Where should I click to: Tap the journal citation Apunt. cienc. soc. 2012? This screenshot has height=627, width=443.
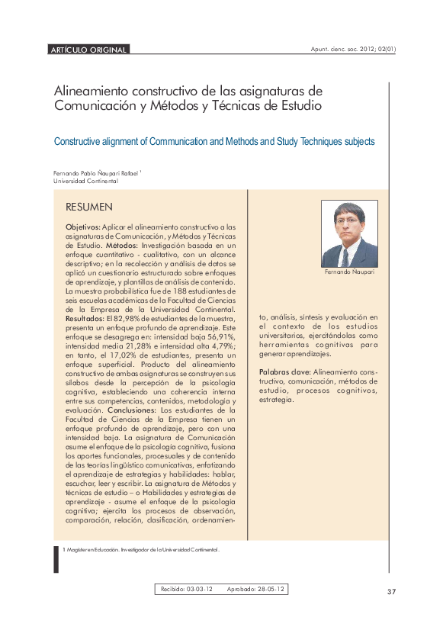353,50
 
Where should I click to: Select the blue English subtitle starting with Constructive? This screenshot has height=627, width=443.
213,142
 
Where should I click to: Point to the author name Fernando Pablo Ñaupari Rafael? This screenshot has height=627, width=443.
96,173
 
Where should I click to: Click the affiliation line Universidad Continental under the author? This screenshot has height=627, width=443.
85,182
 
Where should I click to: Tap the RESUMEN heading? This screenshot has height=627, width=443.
89,207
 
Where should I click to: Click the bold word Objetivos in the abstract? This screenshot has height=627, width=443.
82,227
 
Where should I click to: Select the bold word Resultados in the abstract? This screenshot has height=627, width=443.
83,318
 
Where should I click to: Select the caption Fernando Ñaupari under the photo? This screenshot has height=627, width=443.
349,272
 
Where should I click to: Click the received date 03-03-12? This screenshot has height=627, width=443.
199,589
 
